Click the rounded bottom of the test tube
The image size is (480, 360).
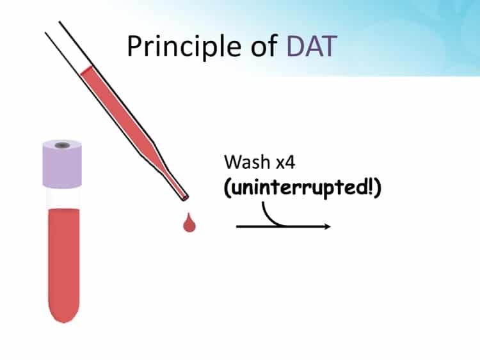click(x=63, y=313)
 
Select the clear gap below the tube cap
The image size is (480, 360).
click(x=63, y=198)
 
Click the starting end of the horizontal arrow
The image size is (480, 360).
click(x=238, y=226)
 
